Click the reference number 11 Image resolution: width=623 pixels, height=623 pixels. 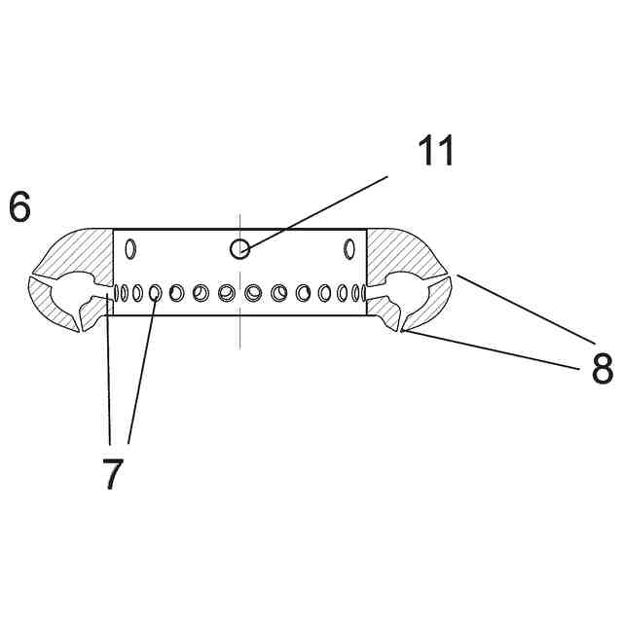point(436,152)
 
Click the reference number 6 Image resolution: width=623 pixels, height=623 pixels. point(19,207)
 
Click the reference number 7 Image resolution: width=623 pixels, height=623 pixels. point(113,474)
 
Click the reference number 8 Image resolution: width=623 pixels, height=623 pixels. point(602,369)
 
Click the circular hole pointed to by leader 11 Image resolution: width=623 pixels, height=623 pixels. point(239,249)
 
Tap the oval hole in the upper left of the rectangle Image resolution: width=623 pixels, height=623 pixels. point(131,249)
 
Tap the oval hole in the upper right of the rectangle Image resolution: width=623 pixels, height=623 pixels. point(348,249)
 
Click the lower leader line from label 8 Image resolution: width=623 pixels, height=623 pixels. point(496,349)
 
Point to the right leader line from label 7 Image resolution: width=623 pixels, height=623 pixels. point(142,370)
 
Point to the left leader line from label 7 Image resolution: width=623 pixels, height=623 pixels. point(109,370)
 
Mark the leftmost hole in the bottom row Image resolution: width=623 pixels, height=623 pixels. point(117,291)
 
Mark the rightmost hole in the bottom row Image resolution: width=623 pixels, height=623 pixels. point(363,291)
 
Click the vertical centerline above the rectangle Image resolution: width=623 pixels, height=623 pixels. point(239,221)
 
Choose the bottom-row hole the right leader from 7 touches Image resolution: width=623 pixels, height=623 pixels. point(155,291)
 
